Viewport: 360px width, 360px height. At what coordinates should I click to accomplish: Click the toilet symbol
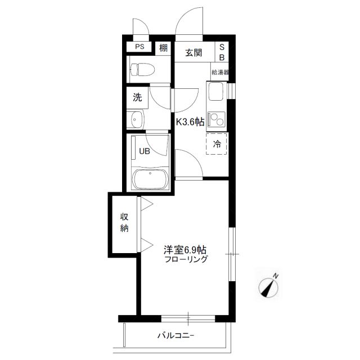pyautogui.click(x=142, y=69)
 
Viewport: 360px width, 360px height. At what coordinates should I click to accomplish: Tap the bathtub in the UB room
pyautogui.click(x=151, y=179)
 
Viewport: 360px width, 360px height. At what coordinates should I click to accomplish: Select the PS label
pyautogui.click(x=139, y=47)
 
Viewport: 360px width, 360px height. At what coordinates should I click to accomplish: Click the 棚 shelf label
pyautogui.click(x=163, y=48)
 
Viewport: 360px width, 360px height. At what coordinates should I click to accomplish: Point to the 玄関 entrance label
pyautogui.click(x=193, y=52)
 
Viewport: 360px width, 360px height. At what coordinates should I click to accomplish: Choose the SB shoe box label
pyautogui.click(x=222, y=52)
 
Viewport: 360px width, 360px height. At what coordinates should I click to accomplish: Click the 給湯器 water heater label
pyautogui.click(x=220, y=73)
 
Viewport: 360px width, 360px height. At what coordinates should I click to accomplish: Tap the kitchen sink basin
pyautogui.click(x=215, y=91)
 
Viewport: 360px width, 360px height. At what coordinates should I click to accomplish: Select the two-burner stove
pyautogui.click(x=215, y=119)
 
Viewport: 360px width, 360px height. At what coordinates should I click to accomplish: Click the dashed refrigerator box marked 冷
pyautogui.click(x=216, y=144)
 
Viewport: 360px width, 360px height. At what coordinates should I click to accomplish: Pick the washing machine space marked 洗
pyautogui.click(x=137, y=98)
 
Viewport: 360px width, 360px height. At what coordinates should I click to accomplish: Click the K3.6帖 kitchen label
pyautogui.click(x=190, y=121)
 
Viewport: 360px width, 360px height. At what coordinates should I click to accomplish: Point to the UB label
pyautogui.click(x=145, y=151)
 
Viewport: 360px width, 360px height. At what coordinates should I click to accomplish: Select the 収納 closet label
pyautogui.click(x=124, y=223)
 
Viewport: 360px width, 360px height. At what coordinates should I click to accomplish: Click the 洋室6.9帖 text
pyautogui.click(x=185, y=250)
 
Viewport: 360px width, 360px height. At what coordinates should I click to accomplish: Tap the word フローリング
pyautogui.click(x=186, y=259)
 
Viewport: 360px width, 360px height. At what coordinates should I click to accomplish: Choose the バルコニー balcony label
pyautogui.click(x=176, y=336)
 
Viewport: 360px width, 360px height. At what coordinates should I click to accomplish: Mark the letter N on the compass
pyautogui.click(x=276, y=276)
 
